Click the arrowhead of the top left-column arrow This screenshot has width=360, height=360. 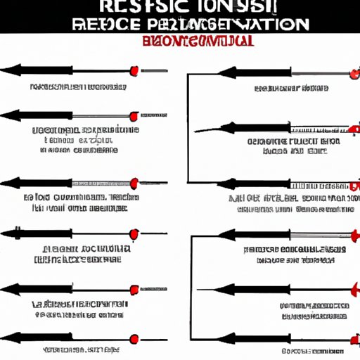tap(9, 70)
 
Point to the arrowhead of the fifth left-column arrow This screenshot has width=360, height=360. tap(9, 290)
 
